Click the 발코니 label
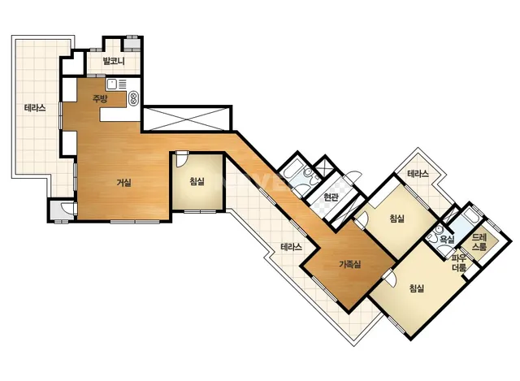(x=114, y=61)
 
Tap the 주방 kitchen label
(x=100, y=98)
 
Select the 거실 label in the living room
(x=124, y=182)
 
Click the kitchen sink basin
(x=112, y=84)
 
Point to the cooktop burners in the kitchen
(x=133, y=98)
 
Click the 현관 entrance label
(x=331, y=197)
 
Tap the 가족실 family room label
(x=350, y=264)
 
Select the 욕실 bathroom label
(x=447, y=240)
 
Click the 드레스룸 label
(x=479, y=242)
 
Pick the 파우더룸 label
(x=459, y=263)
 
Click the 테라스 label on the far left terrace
(x=35, y=108)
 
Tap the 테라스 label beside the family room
(x=292, y=247)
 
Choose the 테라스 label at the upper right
(x=418, y=173)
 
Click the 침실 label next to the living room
(x=197, y=181)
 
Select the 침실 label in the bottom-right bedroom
(x=417, y=288)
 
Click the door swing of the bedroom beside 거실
(x=181, y=160)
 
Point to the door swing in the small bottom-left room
(x=67, y=208)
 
